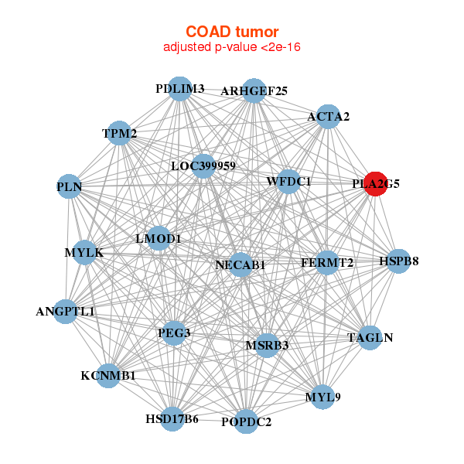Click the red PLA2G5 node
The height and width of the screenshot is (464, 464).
375,184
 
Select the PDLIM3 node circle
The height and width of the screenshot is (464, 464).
179,89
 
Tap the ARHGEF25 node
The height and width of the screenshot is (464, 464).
254,90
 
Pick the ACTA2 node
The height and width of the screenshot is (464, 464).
328,117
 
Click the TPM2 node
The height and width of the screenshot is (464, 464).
119,133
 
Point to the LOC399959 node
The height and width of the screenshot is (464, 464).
203,166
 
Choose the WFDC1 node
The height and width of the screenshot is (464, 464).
288,182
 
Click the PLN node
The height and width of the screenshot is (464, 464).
70,186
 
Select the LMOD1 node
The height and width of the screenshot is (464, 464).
159,238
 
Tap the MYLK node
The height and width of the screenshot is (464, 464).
84,252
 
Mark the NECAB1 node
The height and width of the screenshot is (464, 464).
241,264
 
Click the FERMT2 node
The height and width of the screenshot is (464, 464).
327,263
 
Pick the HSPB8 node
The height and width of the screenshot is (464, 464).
398,261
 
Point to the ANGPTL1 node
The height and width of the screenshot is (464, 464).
66,312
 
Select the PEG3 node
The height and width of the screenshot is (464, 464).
174,333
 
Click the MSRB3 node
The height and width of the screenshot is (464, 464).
268,346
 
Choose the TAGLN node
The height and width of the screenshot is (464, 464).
370,338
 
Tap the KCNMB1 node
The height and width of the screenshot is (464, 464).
108,376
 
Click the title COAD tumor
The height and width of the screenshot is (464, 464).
232,32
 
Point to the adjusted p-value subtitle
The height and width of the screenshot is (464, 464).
232,47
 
